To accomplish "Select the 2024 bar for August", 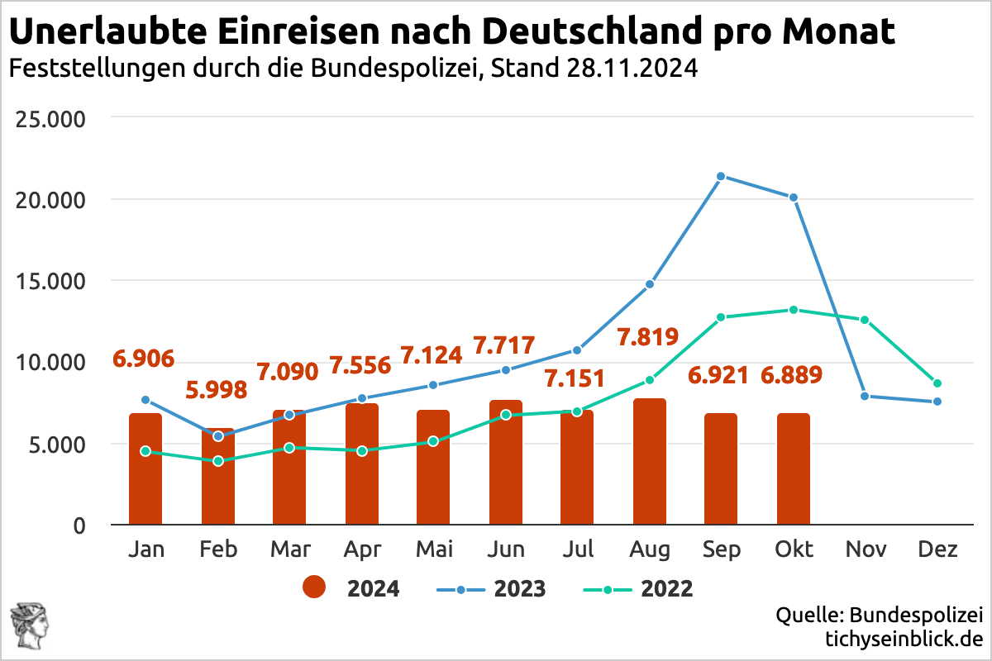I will [650, 463].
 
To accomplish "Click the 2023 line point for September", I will [721, 176].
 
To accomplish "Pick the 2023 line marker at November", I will [865, 396].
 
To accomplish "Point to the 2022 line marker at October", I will [794, 310].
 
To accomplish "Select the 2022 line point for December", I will [937, 383].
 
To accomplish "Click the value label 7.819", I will [648, 337].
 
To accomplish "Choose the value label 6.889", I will [792, 375].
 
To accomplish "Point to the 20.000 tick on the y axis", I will [50, 200].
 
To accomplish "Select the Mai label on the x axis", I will [433, 549].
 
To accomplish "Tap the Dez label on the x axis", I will [937, 549].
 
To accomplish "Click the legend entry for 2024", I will [351, 588].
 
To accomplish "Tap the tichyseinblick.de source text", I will [904, 639].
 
